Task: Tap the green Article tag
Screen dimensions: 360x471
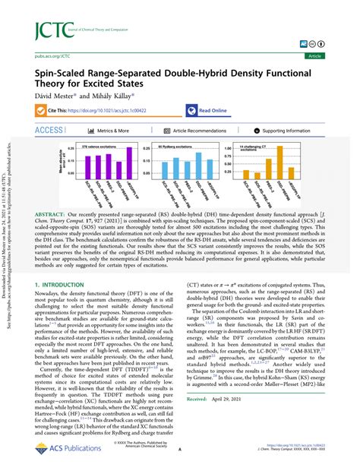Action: coord(333,55)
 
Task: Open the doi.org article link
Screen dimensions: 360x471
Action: coord(132,110)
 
